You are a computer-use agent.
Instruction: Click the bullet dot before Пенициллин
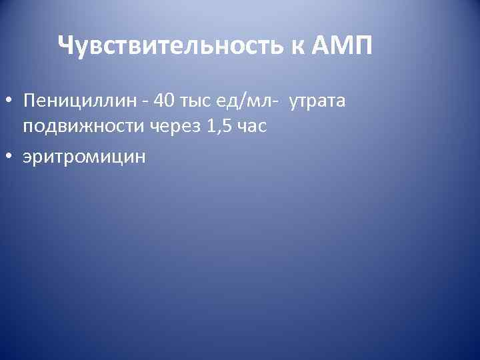(10, 102)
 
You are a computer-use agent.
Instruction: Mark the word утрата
(317, 101)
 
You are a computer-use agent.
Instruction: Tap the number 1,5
(218, 127)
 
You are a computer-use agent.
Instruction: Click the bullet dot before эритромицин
(10, 155)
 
